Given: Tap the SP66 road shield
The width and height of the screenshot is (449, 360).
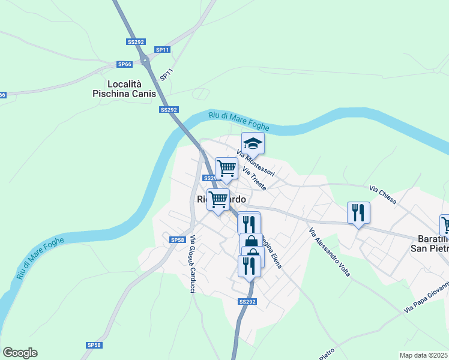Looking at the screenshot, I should (124, 64).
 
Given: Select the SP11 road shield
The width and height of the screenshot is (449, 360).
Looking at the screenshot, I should (162, 49).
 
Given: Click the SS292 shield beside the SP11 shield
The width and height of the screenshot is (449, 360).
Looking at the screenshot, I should (136, 42).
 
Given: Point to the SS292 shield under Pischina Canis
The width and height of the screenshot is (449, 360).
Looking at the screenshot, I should (169, 110).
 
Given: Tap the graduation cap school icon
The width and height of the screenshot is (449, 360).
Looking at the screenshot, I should (253, 143).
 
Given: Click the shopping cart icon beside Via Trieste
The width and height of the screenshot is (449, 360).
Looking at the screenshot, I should (226, 169).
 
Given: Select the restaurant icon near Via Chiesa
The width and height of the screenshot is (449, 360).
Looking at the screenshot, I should (358, 212).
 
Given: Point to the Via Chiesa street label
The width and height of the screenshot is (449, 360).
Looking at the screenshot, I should (382, 194).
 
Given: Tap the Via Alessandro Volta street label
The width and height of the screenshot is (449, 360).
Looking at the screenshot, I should (329, 253).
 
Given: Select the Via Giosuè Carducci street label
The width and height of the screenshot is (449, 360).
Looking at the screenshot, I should (192, 265).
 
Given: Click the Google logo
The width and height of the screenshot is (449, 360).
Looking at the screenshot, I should (20, 353).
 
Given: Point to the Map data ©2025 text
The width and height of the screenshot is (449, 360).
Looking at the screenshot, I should (424, 355).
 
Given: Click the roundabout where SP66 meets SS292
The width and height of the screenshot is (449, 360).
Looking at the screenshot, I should (144, 60).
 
